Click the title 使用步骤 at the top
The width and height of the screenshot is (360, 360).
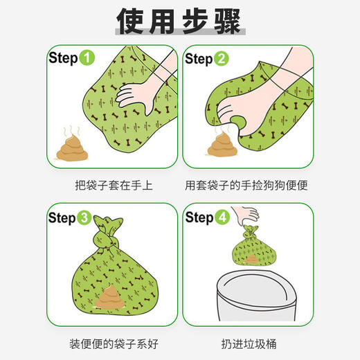[179, 21]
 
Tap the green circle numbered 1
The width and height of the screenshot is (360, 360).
[87, 59]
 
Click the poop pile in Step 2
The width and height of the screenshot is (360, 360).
[223, 146]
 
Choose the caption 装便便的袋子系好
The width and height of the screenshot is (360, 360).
[111, 343]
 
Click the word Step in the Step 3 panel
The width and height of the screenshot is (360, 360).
[62, 219]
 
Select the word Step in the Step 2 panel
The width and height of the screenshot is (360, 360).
[198, 60]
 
